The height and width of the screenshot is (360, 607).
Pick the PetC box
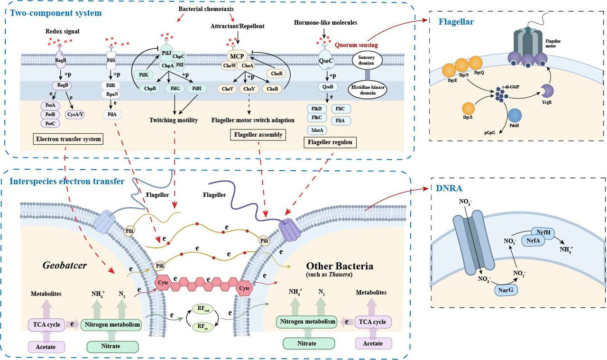point(50,123)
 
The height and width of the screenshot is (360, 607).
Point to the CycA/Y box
point(74,114)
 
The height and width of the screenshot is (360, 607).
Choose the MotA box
point(317,129)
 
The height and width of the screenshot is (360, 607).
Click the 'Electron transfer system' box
point(69,139)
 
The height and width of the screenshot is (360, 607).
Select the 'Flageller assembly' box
point(258,135)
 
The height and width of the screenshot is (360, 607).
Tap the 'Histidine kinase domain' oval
point(367,91)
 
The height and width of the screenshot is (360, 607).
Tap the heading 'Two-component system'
point(55,13)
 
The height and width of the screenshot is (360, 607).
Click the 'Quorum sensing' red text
point(356,45)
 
